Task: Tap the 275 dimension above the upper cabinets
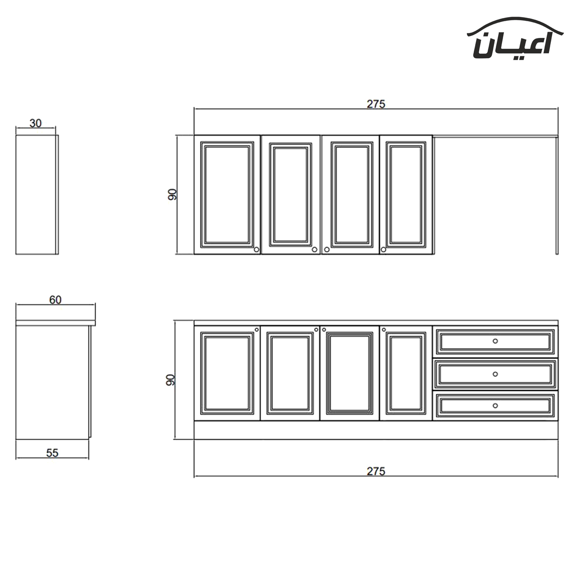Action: [x=376, y=104]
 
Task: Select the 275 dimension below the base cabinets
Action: [x=376, y=471]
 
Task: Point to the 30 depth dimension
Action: [x=36, y=123]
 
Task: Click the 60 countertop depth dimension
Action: [x=55, y=300]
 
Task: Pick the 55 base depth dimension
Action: [x=52, y=453]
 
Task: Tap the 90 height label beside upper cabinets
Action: [x=172, y=195]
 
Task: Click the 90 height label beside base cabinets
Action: [x=170, y=380]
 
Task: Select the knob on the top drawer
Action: [x=495, y=341]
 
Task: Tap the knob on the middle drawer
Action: [x=495, y=374]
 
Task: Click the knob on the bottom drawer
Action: [x=495, y=406]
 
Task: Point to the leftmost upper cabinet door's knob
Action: [x=256, y=249]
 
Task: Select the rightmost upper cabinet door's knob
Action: [x=384, y=249]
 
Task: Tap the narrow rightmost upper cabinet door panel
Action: [x=406, y=194]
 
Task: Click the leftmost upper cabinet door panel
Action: [x=227, y=194]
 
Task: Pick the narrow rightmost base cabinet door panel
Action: [x=406, y=373]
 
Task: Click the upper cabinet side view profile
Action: [x=37, y=195]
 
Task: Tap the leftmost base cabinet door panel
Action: [x=227, y=373]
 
